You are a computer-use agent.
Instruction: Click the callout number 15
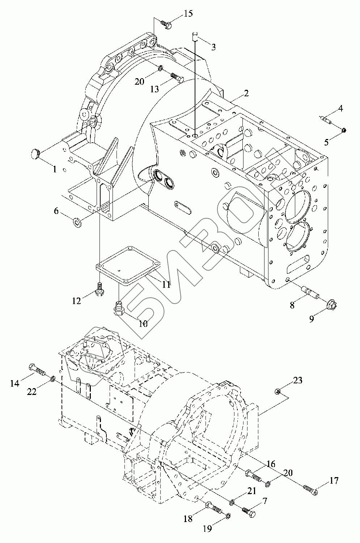pos(188,14)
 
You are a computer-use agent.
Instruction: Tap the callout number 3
pos(213,47)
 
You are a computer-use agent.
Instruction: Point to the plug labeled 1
pos(35,154)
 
